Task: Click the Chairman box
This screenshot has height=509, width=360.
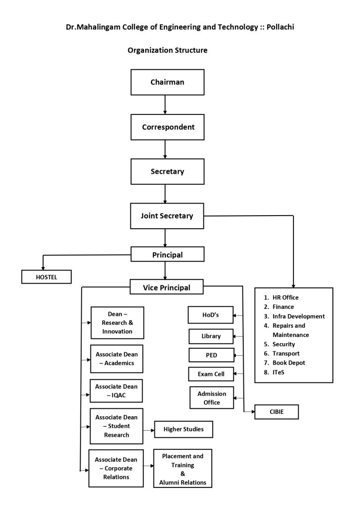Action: (x=167, y=82)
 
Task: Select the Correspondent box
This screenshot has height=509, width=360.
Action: (x=167, y=127)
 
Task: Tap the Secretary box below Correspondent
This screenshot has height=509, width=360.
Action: (x=167, y=172)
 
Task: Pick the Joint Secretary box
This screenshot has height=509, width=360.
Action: (x=167, y=216)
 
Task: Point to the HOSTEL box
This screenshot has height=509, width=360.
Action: (x=46, y=277)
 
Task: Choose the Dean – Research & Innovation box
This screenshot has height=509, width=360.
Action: (x=117, y=322)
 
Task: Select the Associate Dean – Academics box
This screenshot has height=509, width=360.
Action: (x=116, y=359)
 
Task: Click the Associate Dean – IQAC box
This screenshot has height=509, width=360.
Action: (x=116, y=391)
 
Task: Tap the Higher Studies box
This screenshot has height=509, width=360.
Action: (x=183, y=429)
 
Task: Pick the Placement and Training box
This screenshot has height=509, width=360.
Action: (x=182, y=468)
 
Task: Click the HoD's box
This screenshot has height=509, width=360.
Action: (x=210, y=315)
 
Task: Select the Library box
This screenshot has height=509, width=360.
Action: (x=211, y=337)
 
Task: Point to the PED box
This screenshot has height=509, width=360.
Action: (x=211, y=355)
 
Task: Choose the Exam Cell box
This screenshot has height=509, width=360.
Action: (x=210, y=374)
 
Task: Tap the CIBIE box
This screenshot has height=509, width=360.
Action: (x=276, y=412)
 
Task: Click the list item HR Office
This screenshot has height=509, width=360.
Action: (x=285, y=298)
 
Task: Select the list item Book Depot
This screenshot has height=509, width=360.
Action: (x=288, y=363)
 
